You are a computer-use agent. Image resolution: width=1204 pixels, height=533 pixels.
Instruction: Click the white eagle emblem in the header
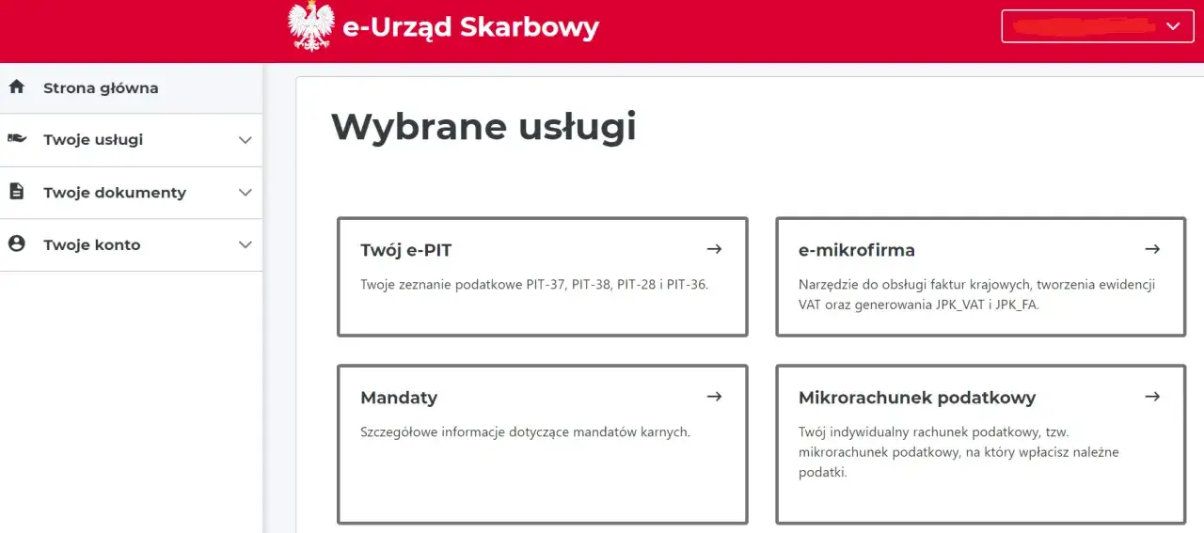click(310, 26)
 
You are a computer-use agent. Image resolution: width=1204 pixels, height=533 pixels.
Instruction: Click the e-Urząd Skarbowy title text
click(470, 27)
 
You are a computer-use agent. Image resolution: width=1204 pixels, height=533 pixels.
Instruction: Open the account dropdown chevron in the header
click(1173, 26)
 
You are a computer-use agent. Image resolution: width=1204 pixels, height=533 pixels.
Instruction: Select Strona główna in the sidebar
click(101, 88)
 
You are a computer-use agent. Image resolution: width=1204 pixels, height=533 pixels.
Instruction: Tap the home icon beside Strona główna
click(16, 87)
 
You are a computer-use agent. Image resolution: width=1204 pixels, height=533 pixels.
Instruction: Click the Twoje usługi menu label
click(93, 140)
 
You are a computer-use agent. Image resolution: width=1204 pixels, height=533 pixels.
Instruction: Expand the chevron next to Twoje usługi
click(246, 140)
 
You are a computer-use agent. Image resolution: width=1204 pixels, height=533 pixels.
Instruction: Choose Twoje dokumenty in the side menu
click(115, 193)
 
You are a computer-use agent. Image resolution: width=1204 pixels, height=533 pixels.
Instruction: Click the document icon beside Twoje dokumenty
click(16, 192)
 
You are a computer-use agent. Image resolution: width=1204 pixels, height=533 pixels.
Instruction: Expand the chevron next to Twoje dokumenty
click(246, 193)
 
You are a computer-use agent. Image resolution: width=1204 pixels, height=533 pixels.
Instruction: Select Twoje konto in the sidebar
click(91, 245)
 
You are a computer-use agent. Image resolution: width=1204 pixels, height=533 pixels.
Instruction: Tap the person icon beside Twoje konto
click(16, 244)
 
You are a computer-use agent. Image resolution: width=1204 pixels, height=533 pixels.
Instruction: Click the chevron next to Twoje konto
click(246, 245)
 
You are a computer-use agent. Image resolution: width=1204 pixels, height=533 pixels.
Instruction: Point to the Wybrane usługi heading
click(483, 127)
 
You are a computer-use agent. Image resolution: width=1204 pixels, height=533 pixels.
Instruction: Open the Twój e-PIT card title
click(406, 250)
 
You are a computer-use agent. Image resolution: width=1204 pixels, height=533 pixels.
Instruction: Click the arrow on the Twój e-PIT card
click(714, 249)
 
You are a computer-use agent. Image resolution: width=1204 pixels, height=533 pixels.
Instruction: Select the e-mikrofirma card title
click(856, 250)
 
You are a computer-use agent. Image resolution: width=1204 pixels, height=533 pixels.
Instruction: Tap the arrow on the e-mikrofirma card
click(1152, 249)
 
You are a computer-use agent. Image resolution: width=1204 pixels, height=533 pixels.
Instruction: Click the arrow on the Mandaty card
click(714, 397)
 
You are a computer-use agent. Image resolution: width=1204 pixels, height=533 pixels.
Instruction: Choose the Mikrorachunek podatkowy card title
click(916, 398)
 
